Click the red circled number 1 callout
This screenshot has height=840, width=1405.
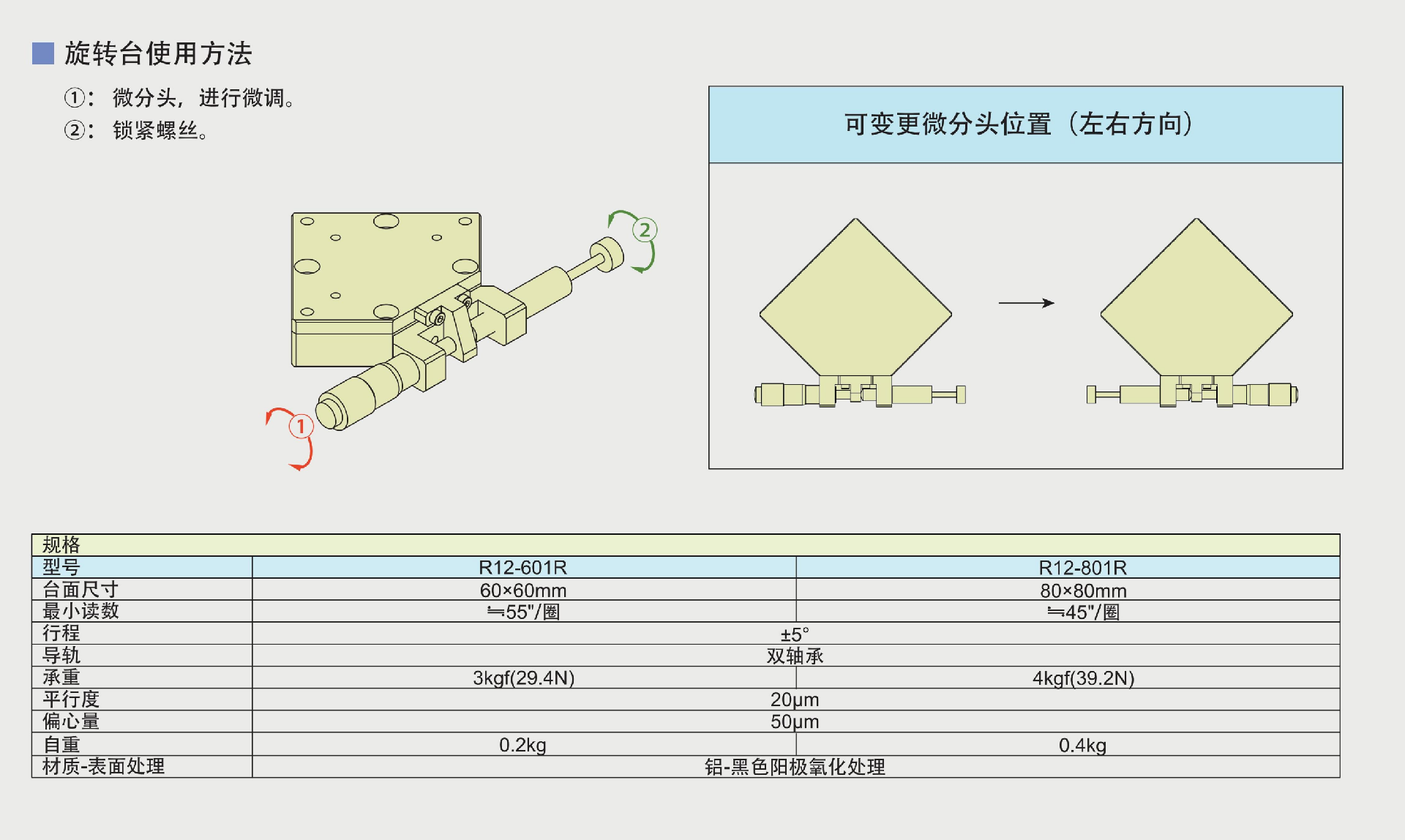(301, 427)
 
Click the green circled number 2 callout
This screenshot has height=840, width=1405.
(644, 230)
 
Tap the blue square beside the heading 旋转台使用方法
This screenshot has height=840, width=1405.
(43, 53)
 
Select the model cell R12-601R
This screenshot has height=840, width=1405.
(522, 568)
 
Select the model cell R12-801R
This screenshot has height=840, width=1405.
(1082, 568)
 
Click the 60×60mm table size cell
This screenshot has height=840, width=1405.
(522, 590)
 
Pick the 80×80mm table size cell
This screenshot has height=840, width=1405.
(1082, 590)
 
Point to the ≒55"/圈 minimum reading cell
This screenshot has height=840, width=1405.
(522, 612)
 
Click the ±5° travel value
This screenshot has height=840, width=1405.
(795, 634)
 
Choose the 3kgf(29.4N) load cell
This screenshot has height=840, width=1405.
(522, 678)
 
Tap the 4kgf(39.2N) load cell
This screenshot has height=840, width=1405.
(1082, 678)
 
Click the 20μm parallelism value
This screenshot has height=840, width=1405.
(795, 700)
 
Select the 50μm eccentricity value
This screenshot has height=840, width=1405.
(795, 722)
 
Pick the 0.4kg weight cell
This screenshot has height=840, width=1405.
(1082, 746)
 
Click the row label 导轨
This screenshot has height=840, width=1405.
(61, 656)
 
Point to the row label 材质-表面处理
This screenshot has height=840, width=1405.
(103, 767)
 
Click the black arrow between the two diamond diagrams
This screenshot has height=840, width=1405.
(1026, 303)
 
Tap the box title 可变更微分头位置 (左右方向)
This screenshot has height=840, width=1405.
(1019, 124)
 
